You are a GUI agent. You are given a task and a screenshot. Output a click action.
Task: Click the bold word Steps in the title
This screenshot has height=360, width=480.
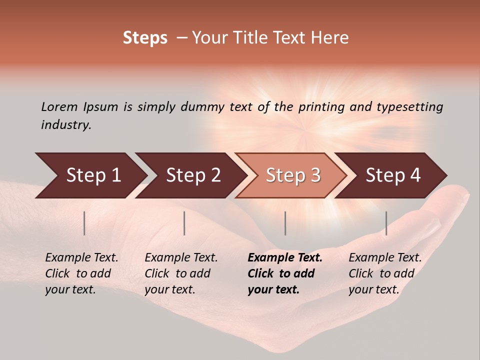[145, 38]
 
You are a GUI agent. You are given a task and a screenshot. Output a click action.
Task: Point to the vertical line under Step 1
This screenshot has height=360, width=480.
[84, 223]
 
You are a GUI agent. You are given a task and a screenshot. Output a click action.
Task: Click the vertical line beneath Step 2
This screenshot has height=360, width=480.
[184, 223]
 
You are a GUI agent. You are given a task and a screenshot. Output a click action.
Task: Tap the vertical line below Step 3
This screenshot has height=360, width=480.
[285, 223]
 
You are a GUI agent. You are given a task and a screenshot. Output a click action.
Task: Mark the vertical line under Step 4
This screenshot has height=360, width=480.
[386, 223]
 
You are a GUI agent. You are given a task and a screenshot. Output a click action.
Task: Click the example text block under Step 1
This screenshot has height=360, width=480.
[81, 273]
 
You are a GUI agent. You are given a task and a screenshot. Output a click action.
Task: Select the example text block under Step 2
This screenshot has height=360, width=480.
[181, 273]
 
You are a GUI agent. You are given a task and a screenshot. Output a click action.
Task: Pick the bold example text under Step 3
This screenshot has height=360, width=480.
[285, 273]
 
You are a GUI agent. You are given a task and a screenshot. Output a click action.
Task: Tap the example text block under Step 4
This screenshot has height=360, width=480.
[385, 273]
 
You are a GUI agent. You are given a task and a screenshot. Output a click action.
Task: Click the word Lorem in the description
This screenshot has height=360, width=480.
[59, 107]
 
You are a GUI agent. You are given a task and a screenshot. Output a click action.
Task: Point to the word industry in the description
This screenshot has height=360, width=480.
[65, 125]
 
